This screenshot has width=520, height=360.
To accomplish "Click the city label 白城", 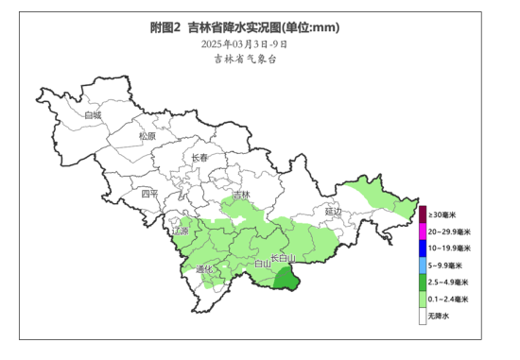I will [92, 115].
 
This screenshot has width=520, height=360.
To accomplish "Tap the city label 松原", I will [147, 136].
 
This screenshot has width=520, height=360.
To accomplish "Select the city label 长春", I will [199, 158].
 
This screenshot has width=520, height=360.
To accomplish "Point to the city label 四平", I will [150, 194].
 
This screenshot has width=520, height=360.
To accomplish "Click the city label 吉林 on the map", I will [242, 195].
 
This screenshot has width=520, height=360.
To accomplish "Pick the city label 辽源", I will [180, 231].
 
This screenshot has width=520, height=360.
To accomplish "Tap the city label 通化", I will [205, 269].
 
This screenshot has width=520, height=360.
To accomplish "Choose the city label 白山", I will [264, 265].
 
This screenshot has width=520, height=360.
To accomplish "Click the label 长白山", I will [284, 258].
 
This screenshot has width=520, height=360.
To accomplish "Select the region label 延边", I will [334, 212].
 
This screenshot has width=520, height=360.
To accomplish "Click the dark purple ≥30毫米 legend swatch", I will [423, 214].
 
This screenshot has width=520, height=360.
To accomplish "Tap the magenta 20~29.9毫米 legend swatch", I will [423, 231].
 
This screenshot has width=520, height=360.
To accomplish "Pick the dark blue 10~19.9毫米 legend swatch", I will [423, 249].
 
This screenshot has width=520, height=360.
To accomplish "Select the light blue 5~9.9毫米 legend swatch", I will [423, 266].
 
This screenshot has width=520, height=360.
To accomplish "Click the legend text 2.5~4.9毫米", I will [448, 283].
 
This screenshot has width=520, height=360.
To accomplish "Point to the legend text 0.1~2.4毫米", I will [448, 300].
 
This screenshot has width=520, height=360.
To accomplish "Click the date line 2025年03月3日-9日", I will [245, 43].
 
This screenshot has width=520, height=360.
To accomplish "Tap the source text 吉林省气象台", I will [245, 59].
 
